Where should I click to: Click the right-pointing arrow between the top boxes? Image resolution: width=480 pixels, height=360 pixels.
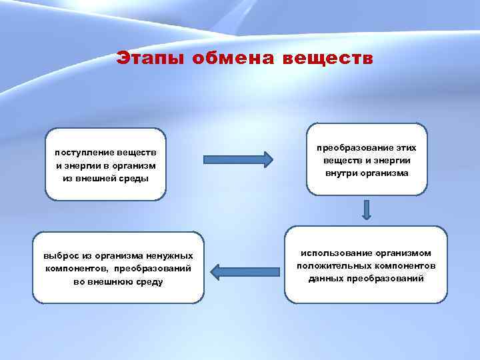[238, 159]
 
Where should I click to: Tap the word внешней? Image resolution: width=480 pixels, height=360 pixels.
[98, 178]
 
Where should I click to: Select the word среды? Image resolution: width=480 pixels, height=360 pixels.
[134, 178]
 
